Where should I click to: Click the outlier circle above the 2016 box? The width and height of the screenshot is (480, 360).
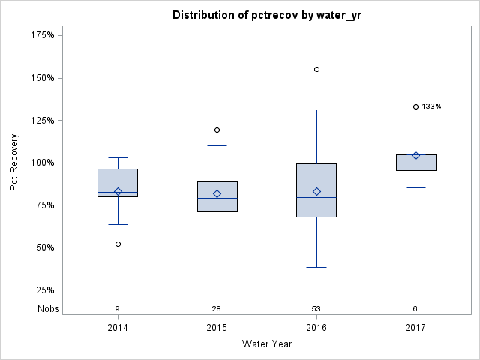pos(316,69)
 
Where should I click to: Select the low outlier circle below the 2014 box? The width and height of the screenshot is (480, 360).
pos(118,244)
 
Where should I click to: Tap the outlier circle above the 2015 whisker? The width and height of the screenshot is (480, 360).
pos(217,130)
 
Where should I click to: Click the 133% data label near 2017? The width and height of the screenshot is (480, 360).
pos(431,106)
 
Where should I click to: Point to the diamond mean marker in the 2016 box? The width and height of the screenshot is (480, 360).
pos(316,191)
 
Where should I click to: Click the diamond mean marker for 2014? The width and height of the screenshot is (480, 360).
pos(118,191)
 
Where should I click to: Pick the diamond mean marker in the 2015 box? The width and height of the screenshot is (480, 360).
pos(217,193)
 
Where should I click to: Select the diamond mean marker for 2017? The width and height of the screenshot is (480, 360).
pos(415,155)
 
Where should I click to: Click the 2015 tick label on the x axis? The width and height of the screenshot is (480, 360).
pos(217,328)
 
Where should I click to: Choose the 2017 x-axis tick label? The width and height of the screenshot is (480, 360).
pos(415,328)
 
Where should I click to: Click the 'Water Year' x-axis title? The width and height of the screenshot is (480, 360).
pos(266,344)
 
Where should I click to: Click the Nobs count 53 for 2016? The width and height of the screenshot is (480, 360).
pos(316,308)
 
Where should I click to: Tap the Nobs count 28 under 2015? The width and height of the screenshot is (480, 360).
pos(217,308)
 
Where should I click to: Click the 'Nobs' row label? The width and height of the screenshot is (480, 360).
pos(48,308)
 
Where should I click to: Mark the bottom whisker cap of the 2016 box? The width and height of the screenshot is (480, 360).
pos(316,267)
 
